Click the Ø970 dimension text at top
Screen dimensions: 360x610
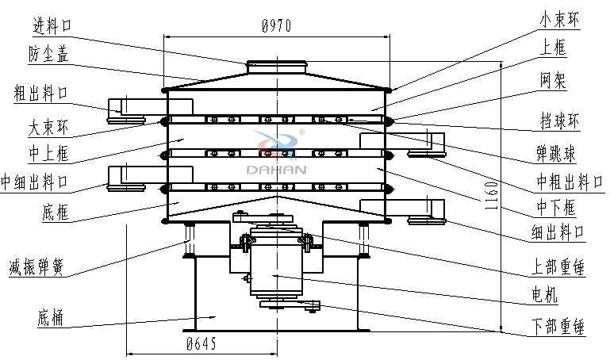(275, 26)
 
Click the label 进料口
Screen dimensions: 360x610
(53, 25)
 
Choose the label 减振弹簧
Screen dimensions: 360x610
(36, 266)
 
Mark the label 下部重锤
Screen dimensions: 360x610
(557, 326)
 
